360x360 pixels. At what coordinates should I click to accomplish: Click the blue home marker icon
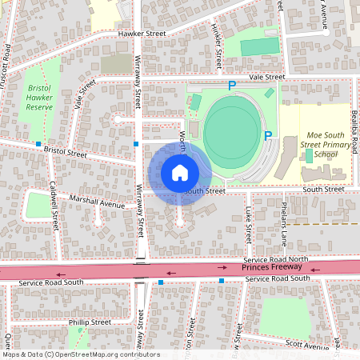click(180, 172)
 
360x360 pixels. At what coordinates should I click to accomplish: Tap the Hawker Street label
click(141, 34)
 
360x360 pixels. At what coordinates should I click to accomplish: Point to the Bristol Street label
click(66, 150)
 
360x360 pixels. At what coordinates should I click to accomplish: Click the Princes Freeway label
click(268, 269)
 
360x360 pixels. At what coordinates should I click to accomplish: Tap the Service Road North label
click(276, 260)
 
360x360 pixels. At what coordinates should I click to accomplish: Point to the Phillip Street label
click(90, 322)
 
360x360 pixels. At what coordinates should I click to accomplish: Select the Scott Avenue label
click(307, 346)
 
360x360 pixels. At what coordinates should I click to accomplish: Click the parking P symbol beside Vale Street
click(232, 85)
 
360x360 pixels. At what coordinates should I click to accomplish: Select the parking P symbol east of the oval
click(268, 136)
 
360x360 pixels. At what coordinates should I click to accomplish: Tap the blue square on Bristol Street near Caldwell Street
click(38, 144)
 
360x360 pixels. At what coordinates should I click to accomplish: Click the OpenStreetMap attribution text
click(80, 354)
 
